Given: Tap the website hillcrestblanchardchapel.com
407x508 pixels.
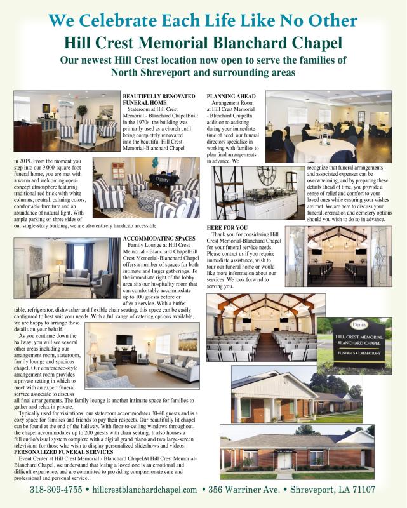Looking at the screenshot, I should click(x=145, y=490).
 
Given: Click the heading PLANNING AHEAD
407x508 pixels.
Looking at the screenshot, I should click(x=231, y=95).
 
